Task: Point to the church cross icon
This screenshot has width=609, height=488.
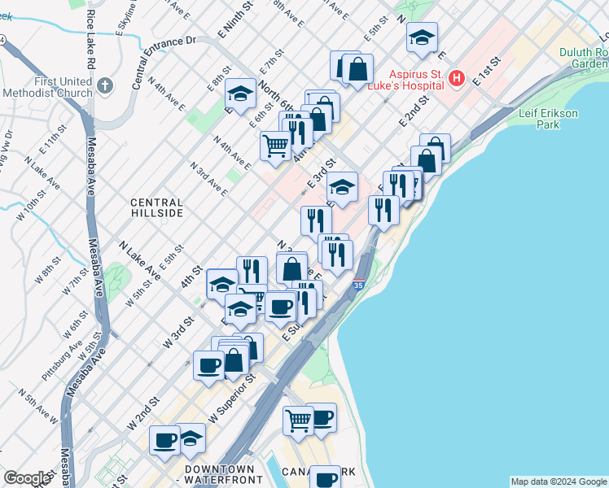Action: click(104, 85)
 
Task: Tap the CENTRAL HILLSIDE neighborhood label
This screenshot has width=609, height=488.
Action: click(157, 207)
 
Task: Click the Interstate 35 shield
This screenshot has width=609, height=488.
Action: click(358, 285)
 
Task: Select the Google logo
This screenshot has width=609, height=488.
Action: click(27, 478)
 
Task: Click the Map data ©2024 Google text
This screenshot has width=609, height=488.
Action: click(559, 481)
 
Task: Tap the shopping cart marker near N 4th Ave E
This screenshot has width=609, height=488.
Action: click(275, 146)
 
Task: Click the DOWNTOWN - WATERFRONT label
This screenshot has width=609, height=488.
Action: click(220, 475)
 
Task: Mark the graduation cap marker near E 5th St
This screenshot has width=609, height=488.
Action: click(422, 37)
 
